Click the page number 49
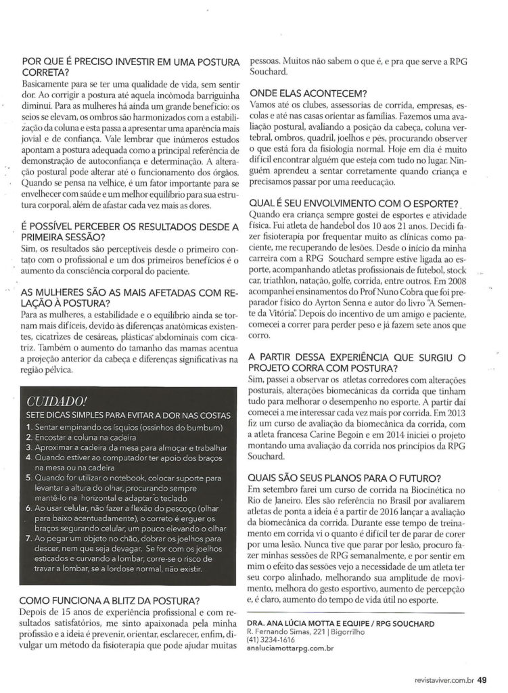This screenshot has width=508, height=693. point(481,681)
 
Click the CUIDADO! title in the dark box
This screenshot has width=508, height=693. point(51,402)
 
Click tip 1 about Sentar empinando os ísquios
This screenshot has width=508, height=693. point(122,428)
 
